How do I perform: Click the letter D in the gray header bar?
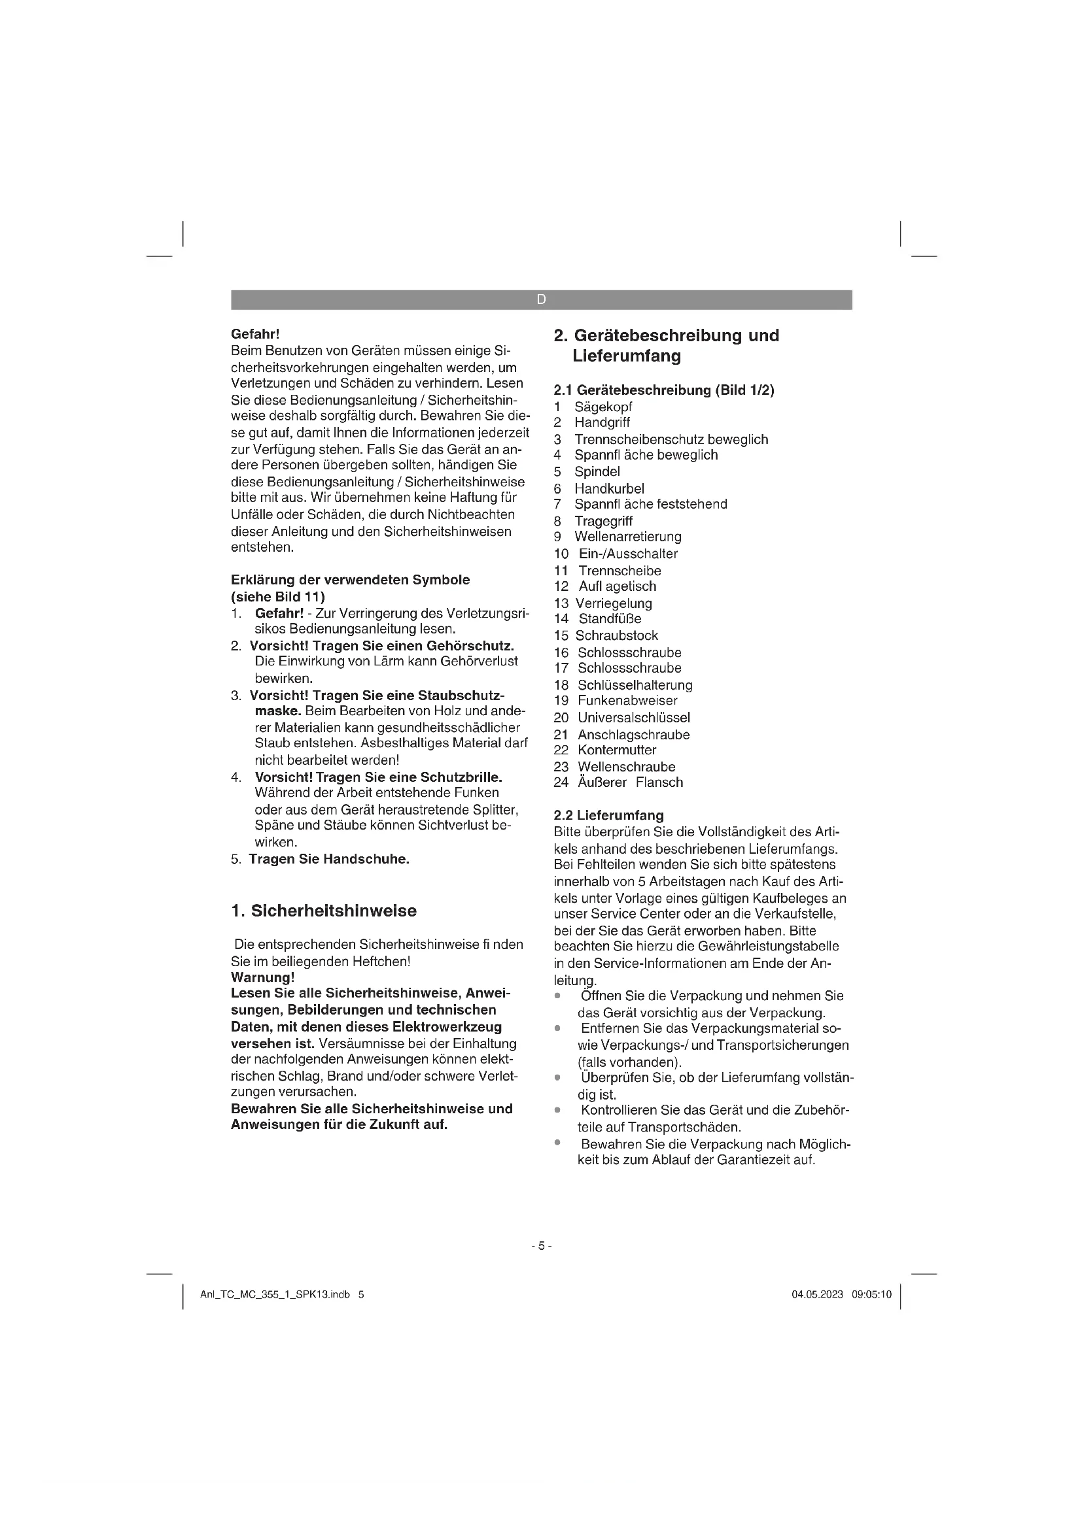point(541,300)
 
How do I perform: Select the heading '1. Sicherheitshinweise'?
point(324,911)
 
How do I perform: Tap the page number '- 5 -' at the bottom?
point(541,1246)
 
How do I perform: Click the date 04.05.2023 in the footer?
point(817,1294)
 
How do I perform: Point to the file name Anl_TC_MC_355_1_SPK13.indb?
point(275,1294)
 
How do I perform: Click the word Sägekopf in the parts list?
point(603,407)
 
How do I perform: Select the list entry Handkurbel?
point(609,488)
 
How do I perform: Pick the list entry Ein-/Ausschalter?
point(627,554)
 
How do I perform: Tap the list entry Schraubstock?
point(616,635)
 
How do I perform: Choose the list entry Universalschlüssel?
point(634,717)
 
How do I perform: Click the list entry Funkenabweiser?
point(627,701)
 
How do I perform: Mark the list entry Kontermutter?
point(617,750)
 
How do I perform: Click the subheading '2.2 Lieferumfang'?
point(608,815)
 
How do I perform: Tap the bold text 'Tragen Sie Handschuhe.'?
point(329,859)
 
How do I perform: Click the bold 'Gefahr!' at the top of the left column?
point(254,333)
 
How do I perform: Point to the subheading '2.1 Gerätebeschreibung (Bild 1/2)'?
point(663,390)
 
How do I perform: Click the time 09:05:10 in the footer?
point(871,1294)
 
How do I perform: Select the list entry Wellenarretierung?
point(627,537)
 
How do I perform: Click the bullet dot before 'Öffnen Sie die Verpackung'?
point(557,996)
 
